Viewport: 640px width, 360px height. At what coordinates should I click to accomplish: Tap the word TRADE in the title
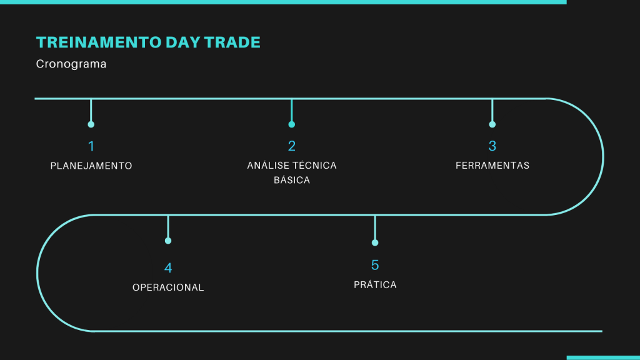(x=232, y=42)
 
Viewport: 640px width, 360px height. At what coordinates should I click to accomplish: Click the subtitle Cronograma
(x=71, y=64)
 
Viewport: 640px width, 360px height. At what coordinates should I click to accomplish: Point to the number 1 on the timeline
(x=91, y=146)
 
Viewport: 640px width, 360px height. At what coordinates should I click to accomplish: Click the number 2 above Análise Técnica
(x=291, y=146)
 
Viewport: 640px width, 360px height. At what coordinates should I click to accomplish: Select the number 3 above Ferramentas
(x=492, y=146)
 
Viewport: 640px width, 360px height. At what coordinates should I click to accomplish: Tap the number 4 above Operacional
(x=167, y=267)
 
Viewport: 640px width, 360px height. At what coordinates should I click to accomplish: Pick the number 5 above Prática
(x=375, y=265)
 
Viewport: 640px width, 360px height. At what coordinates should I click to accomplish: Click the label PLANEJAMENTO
(x=91, y=166)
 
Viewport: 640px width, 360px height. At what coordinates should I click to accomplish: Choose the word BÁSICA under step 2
(x=292, y=180)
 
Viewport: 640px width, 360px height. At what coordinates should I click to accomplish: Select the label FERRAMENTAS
(x=492, y=165)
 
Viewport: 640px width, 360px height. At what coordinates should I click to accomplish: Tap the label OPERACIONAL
(x=168, y=287)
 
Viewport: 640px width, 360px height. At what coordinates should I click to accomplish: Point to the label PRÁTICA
(x=375, y=284)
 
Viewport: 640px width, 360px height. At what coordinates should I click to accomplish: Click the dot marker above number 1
(x=91, y=124)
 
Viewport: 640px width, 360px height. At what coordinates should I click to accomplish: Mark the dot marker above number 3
(x=492, y=124)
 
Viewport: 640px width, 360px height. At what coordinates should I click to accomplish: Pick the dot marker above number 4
(x=167, y=241)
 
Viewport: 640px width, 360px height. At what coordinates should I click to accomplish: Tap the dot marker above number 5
(x=375, y=243)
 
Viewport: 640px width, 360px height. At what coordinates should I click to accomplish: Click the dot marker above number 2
(x=291, y=124)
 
